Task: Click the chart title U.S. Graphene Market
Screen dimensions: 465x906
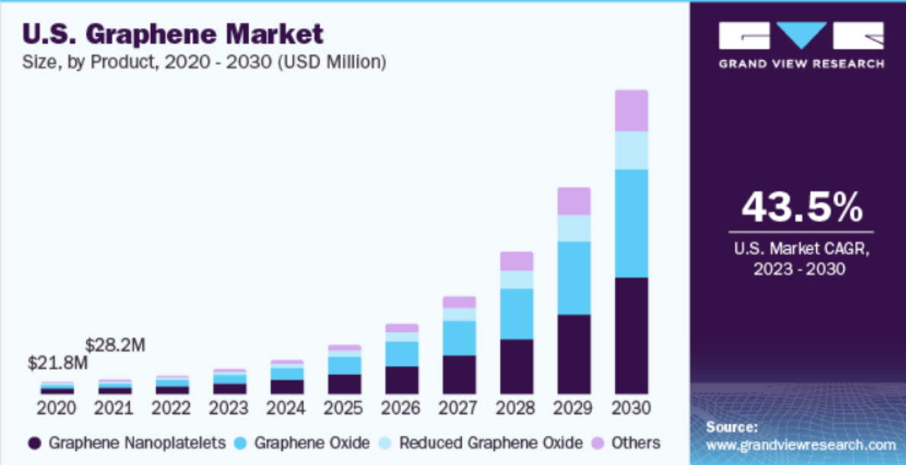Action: [x=173, y=34]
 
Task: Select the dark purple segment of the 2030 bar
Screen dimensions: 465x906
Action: [x=631, y=335]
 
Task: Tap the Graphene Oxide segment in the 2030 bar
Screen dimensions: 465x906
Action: [x=631, y=223]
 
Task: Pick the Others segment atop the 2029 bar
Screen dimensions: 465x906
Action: [x=574, y=201]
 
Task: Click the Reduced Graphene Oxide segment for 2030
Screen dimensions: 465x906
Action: [x=631, y=150]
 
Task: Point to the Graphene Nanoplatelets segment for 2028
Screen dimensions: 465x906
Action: [x=517, y=367]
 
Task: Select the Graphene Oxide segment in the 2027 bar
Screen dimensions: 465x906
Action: [x=459, y=338]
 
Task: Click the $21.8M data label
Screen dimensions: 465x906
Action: [x=58, y=363]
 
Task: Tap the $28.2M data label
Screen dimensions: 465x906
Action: [x=115, y=345]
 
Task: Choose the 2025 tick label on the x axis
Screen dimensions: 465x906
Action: [x=344, y=408]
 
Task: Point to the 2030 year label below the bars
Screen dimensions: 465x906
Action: [x=631, y=408]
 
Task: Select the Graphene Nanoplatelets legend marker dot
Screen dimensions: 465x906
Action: [x=34, y=443]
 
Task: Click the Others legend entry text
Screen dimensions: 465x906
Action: [x=635, y=443]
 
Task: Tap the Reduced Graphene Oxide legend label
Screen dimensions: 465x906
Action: [x=491, y=443]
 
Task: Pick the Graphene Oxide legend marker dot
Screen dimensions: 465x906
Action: [x=240, y=443]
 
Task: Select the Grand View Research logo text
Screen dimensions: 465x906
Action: [x=802, y=64]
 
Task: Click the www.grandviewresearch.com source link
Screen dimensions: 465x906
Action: [x=801, y=444]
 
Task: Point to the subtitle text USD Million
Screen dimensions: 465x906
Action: [x=335, y=62]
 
